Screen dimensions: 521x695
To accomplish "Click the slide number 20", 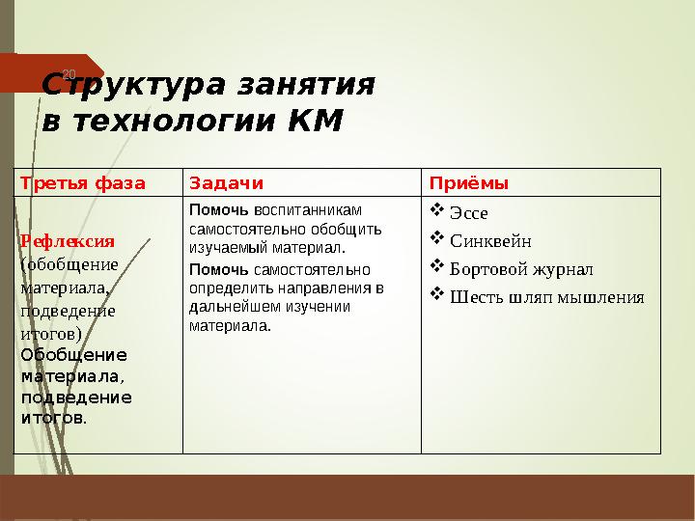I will [x=68, y=74].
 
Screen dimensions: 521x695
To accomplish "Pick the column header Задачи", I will [x=226, y=183].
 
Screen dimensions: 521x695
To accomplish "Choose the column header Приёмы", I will [x=468, y=183].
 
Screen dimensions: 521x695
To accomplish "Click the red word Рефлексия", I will [x=68, y=241].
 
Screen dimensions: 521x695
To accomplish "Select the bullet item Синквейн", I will [x=490, y=241].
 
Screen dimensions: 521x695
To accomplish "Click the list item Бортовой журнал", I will [x=521, y=269].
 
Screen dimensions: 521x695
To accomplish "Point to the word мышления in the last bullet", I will [x=598, y=297].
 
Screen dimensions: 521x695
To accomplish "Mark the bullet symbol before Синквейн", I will [x=436, y=239].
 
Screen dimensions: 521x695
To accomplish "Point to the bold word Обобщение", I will [x=73, y=354].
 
